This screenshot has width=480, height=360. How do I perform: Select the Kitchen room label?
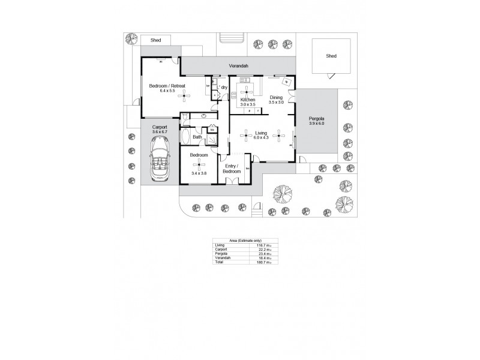pyautogui.click(x=248, y=99)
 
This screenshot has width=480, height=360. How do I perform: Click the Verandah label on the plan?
pyautogui.click(x=238, y=65)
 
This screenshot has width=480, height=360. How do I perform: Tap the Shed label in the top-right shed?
pyautogui.click(x=331, y=56)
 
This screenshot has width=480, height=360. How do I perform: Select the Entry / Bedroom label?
pyautogui.click(x=232, y=169)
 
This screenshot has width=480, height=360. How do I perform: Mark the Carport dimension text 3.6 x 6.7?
pyautogui.click(x=160, y=132)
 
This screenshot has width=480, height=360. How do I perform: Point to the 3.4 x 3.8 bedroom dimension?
pyautogui.click(x=199, y=173)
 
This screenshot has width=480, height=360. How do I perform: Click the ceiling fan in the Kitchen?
pyautogui.click(x=247, y=90)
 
